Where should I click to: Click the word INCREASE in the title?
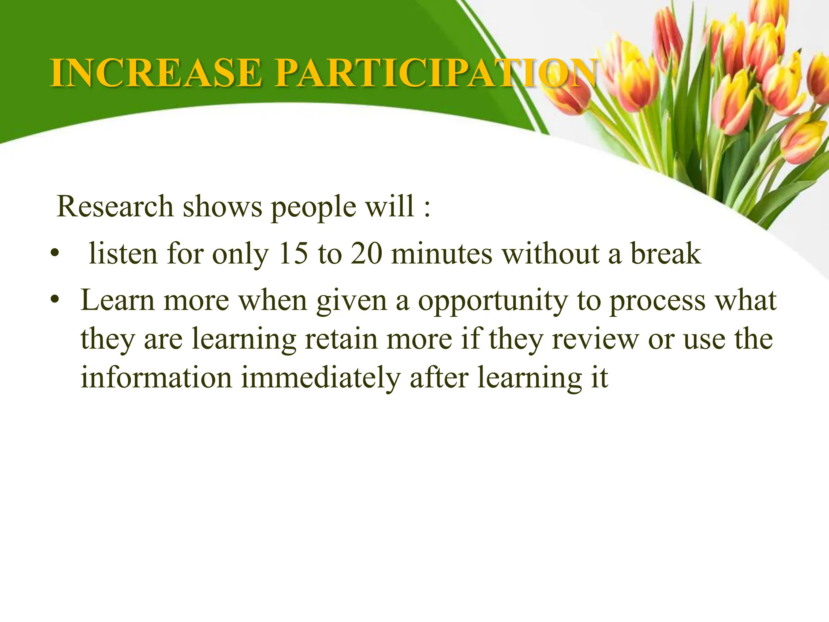click(156, 73)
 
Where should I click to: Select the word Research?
click(115, 207)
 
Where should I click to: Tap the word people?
click(314, 207)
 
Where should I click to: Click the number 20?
click(366, 254)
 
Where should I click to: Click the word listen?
click(123, 254)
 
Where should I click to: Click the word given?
click(351, 302)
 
